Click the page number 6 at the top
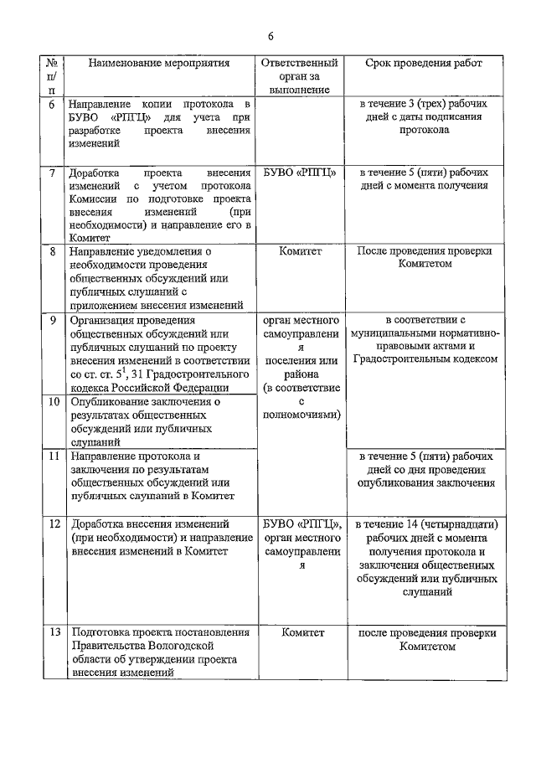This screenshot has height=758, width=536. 271,36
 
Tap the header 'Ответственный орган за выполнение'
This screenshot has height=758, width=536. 299,75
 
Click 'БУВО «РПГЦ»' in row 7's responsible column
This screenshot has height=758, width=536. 299,173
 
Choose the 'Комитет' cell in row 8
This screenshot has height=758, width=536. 299,250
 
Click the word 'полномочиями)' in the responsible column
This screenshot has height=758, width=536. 299,414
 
